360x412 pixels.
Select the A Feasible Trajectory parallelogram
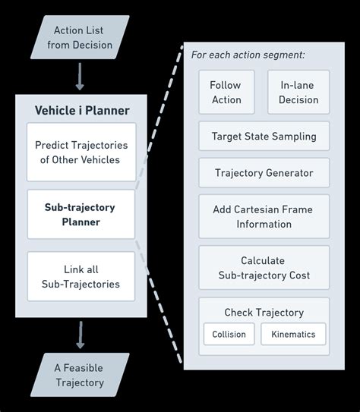click(79, 375)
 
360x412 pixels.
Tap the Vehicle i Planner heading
click(82, 111)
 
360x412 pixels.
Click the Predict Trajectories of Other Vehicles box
click(82, 152)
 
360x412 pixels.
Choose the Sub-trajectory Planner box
click(81, 215)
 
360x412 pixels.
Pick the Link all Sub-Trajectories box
click(81, 277)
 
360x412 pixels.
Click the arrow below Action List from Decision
click(80, 77)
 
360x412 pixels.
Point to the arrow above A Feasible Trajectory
click(80, 335)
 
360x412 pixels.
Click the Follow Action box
click(226, 93)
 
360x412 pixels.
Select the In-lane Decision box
click(298, 93)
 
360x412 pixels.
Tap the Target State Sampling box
click(264, 137)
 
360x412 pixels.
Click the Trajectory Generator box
click(264, 173)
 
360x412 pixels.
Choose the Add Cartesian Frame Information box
click(264, 216)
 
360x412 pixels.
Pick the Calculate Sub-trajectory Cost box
click(264, 267)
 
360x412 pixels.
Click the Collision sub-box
click(229, 334)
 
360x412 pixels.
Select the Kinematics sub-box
click(293, 334)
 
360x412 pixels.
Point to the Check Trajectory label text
click(264, 313)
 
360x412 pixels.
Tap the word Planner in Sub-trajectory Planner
click(81, 222)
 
